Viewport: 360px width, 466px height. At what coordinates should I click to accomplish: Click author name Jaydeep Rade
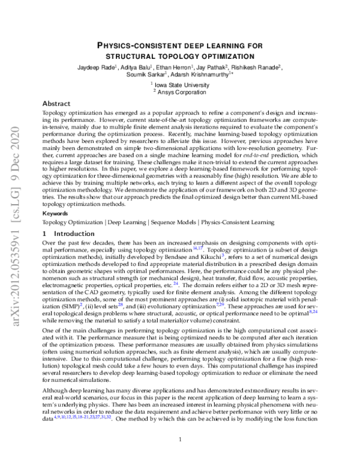click(96, 67)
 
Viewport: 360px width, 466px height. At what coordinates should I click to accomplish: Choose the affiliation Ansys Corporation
click(182, 92)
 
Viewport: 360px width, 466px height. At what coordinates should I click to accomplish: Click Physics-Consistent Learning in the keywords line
click(238, 222)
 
